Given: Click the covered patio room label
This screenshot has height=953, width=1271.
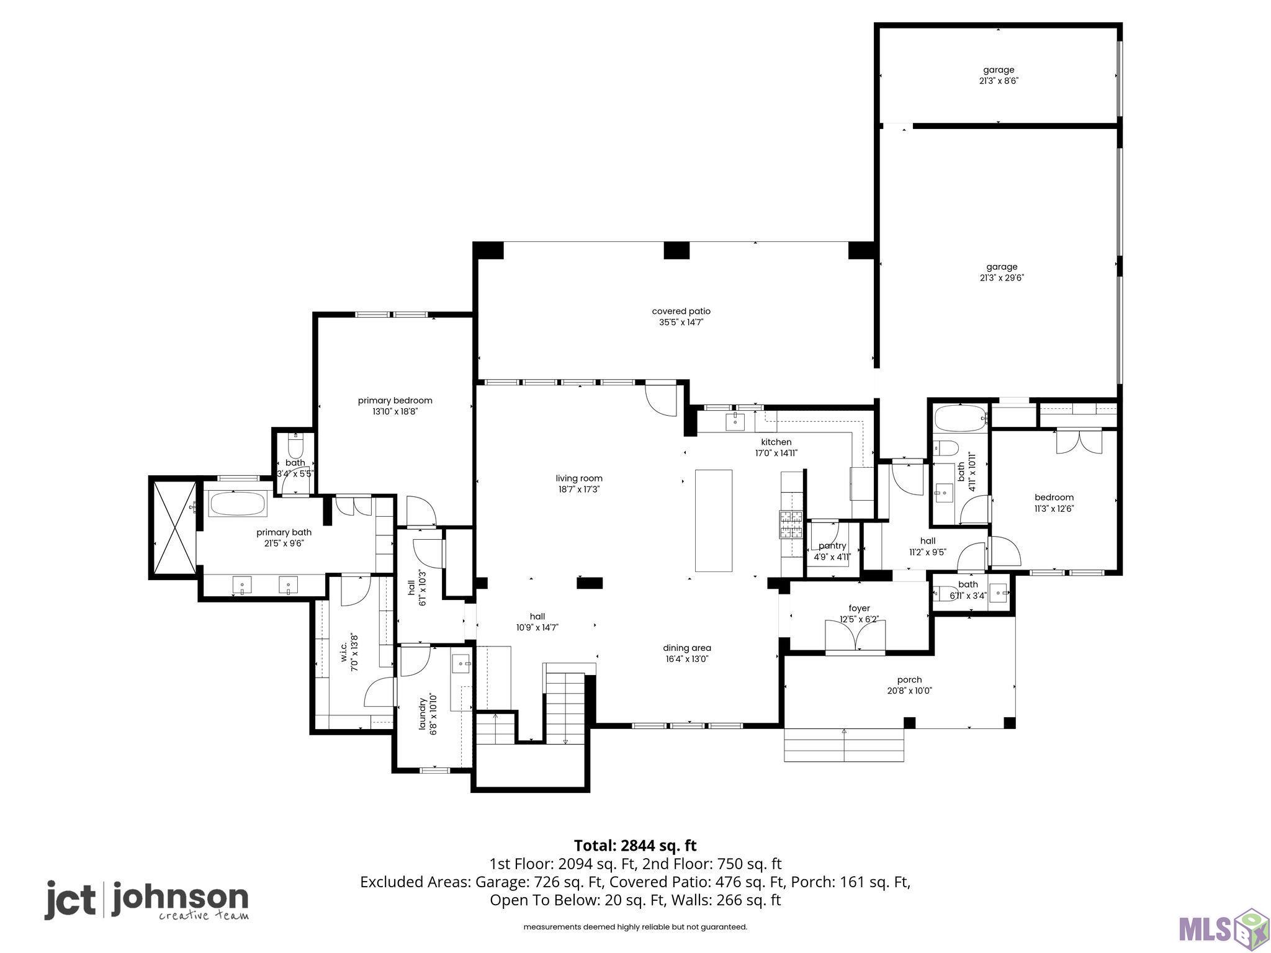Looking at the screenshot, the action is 681,311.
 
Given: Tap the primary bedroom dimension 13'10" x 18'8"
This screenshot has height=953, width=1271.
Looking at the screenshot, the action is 395,411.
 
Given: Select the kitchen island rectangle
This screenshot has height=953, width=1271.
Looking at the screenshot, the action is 714,521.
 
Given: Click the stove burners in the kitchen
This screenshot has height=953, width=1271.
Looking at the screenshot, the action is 791,524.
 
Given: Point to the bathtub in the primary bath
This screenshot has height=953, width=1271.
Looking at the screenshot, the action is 238,504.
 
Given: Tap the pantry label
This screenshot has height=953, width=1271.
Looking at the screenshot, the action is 832,546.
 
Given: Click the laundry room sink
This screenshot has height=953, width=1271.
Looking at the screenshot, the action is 460,663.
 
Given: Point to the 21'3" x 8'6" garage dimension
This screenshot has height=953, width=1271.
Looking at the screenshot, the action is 996,81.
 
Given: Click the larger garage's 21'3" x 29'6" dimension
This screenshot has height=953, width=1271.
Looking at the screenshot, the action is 998,278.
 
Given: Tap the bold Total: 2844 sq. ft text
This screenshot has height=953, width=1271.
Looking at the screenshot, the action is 635,846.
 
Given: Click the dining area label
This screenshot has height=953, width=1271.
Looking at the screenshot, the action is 687,648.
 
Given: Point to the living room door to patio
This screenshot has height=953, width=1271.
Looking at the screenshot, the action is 660,401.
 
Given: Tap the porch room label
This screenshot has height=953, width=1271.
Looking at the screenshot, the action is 909,680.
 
